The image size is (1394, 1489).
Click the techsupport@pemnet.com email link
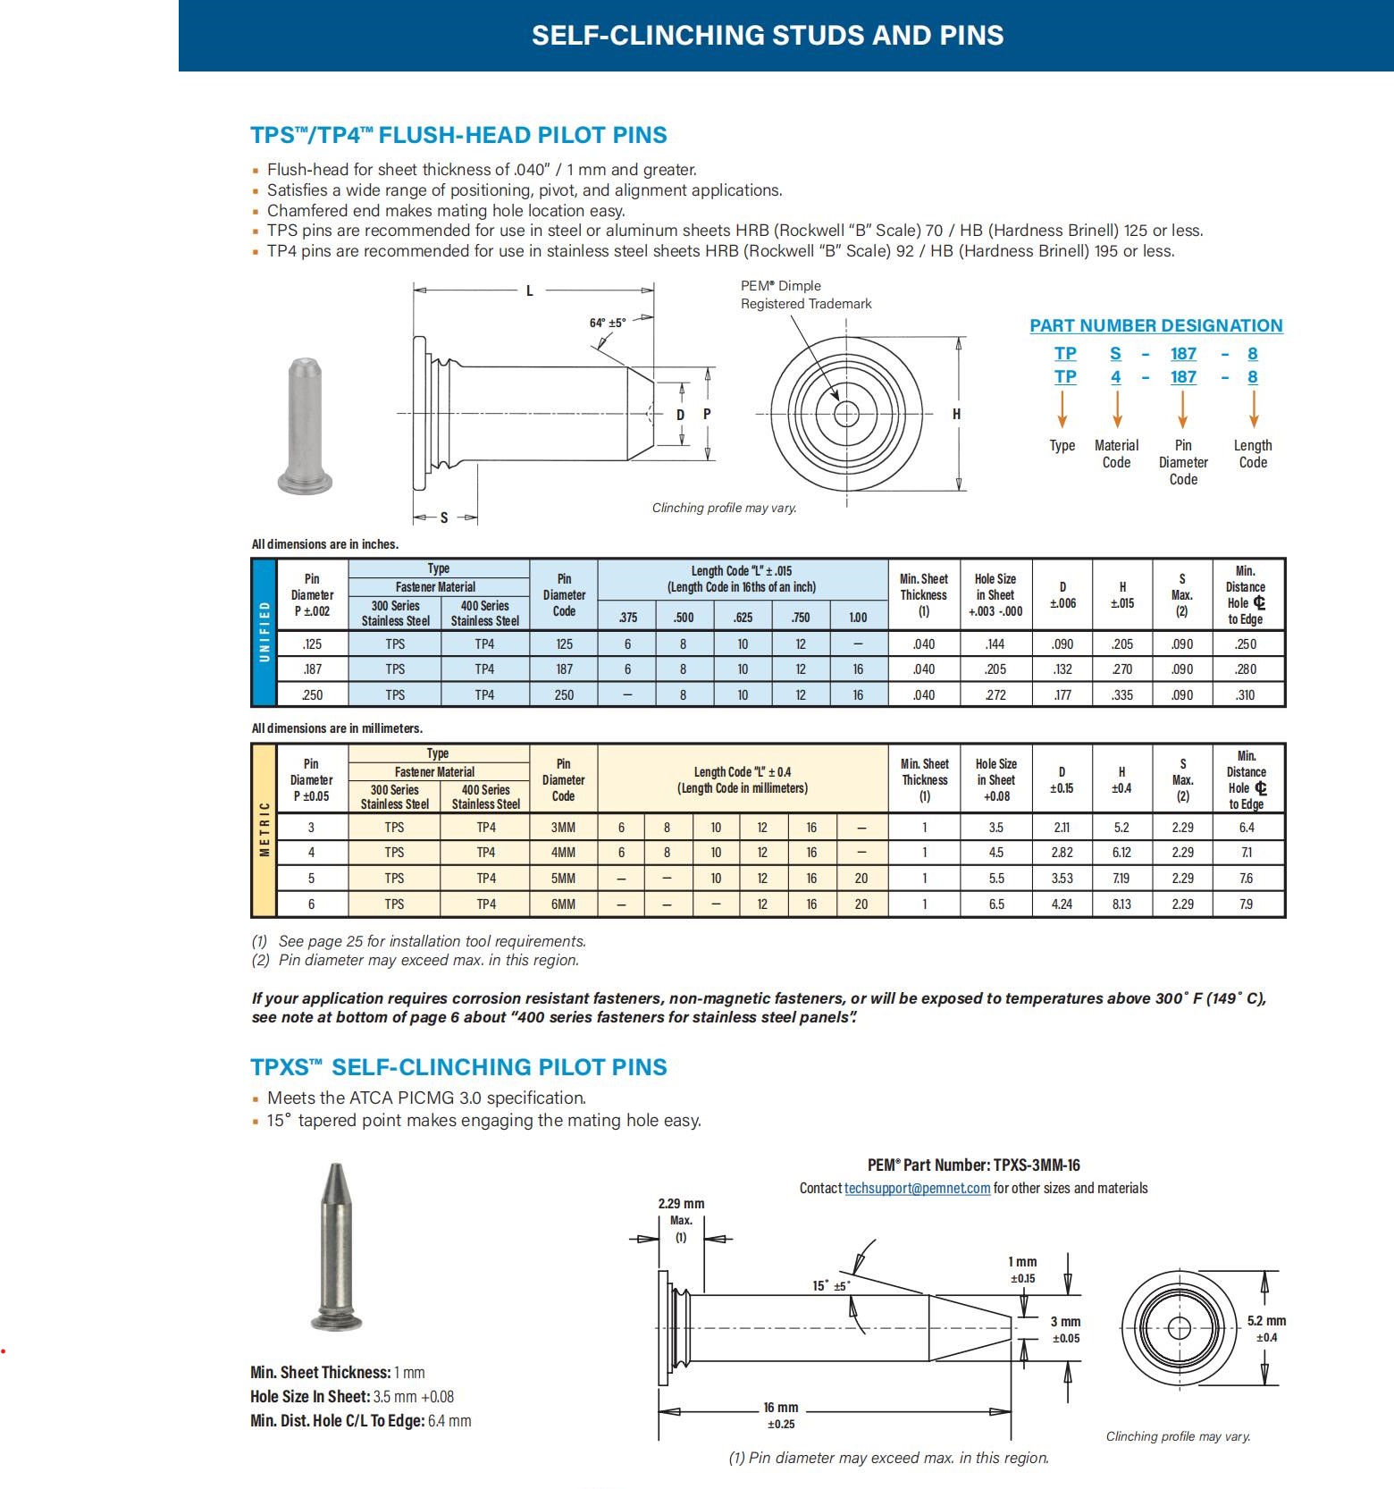(917, 1188)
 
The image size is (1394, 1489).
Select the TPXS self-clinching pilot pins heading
(458, 1067)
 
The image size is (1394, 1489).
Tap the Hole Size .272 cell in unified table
(995, 694)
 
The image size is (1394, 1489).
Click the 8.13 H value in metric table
(1121, 904)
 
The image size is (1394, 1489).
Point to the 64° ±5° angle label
(608, 323)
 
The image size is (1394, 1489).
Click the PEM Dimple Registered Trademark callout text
(805, 295)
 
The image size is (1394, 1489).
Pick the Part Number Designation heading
(1155, 326)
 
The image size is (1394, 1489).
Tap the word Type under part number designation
(1062, 445)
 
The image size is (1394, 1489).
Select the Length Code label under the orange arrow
(1252, 453)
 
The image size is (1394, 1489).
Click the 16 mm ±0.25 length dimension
(780, 1415)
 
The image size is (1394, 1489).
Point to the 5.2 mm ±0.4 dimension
(1266, 1328)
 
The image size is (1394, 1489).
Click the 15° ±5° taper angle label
(830, 1285)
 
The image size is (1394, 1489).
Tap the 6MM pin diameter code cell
(563, 904)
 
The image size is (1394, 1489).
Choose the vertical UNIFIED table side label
(265, 631)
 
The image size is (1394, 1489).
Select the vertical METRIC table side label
(265, 829)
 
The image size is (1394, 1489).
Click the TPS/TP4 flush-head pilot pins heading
(458, 135)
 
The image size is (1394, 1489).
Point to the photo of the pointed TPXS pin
(336, 1246)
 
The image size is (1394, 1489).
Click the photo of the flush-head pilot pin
(306, 426)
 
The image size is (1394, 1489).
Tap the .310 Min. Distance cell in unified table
(1246, 694)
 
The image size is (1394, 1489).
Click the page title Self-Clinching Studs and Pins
(768, 36)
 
